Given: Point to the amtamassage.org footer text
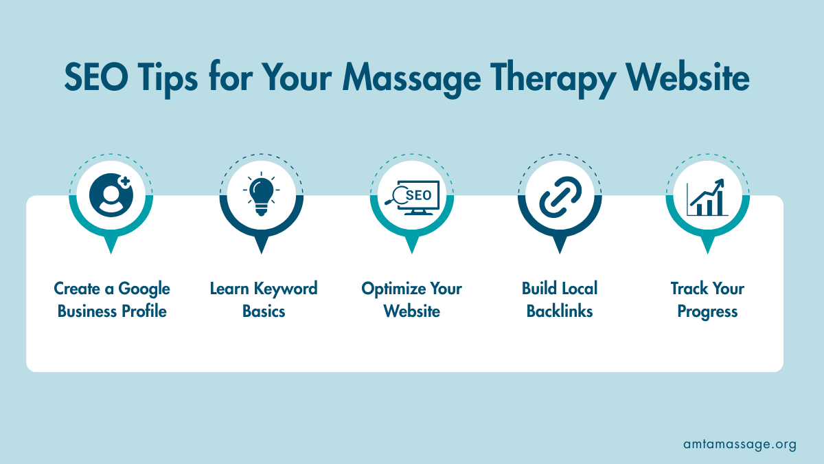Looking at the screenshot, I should (740, 444).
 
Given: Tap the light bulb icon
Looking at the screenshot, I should (261, 195).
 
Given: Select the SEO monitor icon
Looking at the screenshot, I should (411, 196).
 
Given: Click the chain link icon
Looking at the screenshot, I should (560, 196).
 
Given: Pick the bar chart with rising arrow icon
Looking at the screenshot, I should (708, 197).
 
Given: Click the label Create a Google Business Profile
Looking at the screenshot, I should (112, 300).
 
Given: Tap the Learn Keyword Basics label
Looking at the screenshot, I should (264, 300).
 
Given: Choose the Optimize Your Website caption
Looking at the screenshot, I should (412, 300).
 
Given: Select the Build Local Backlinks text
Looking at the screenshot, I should (560, 300).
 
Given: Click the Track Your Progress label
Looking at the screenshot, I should (707, 300).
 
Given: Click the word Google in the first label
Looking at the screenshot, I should (144, 289).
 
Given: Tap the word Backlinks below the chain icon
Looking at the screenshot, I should (560, 311).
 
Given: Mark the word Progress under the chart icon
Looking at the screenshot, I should (707, 311).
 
